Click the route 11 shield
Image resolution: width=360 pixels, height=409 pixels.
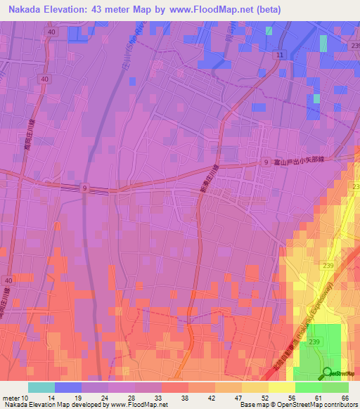tap(280, 54)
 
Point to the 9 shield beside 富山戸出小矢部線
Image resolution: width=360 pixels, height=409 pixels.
tap(266, 162)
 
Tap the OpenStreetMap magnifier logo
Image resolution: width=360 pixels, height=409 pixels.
tap(328, 373)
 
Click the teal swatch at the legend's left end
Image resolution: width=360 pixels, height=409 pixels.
tap(41, 387)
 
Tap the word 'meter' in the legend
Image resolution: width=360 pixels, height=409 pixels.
tap(11, 398)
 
